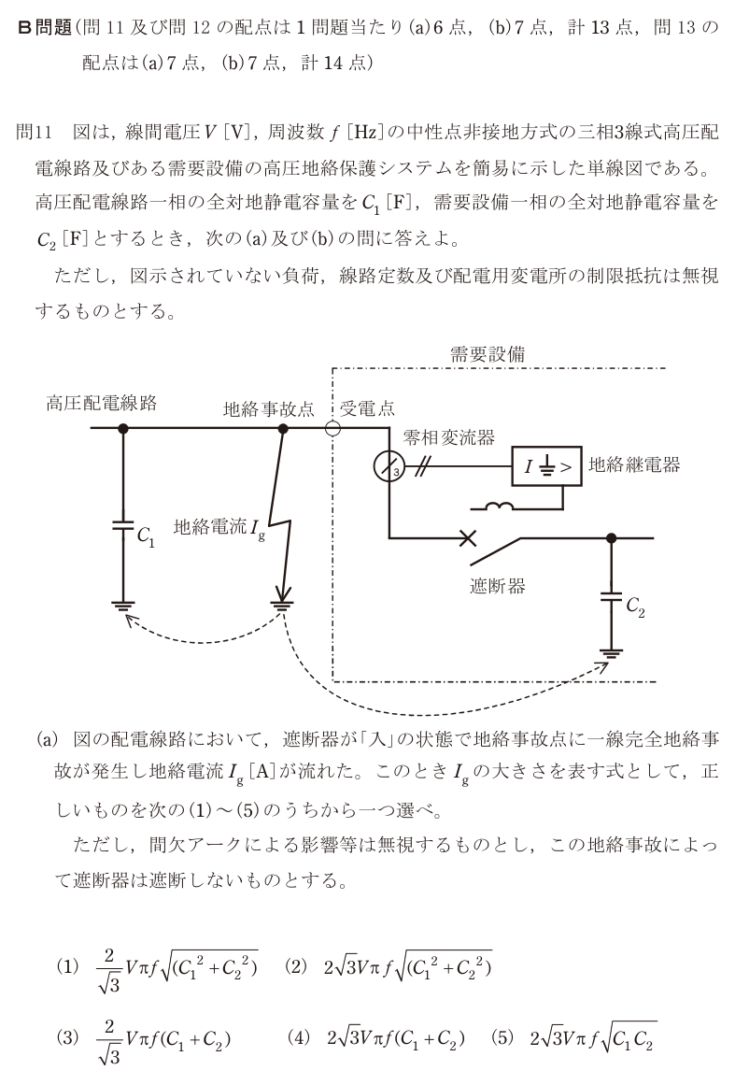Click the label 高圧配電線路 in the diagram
point(102,403)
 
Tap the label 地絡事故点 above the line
point(268,409)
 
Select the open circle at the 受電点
point(332,429)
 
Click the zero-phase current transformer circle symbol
point(389,468)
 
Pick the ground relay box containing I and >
point(546,466)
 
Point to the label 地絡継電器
point(634,464)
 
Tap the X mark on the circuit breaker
point(468,537)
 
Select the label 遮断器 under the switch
point(497,586)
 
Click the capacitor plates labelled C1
point(123,525)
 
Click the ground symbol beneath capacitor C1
point(123,607)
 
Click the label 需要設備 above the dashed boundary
point(488,355)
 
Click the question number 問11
point(34,132)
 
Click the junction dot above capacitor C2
point(611,537)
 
